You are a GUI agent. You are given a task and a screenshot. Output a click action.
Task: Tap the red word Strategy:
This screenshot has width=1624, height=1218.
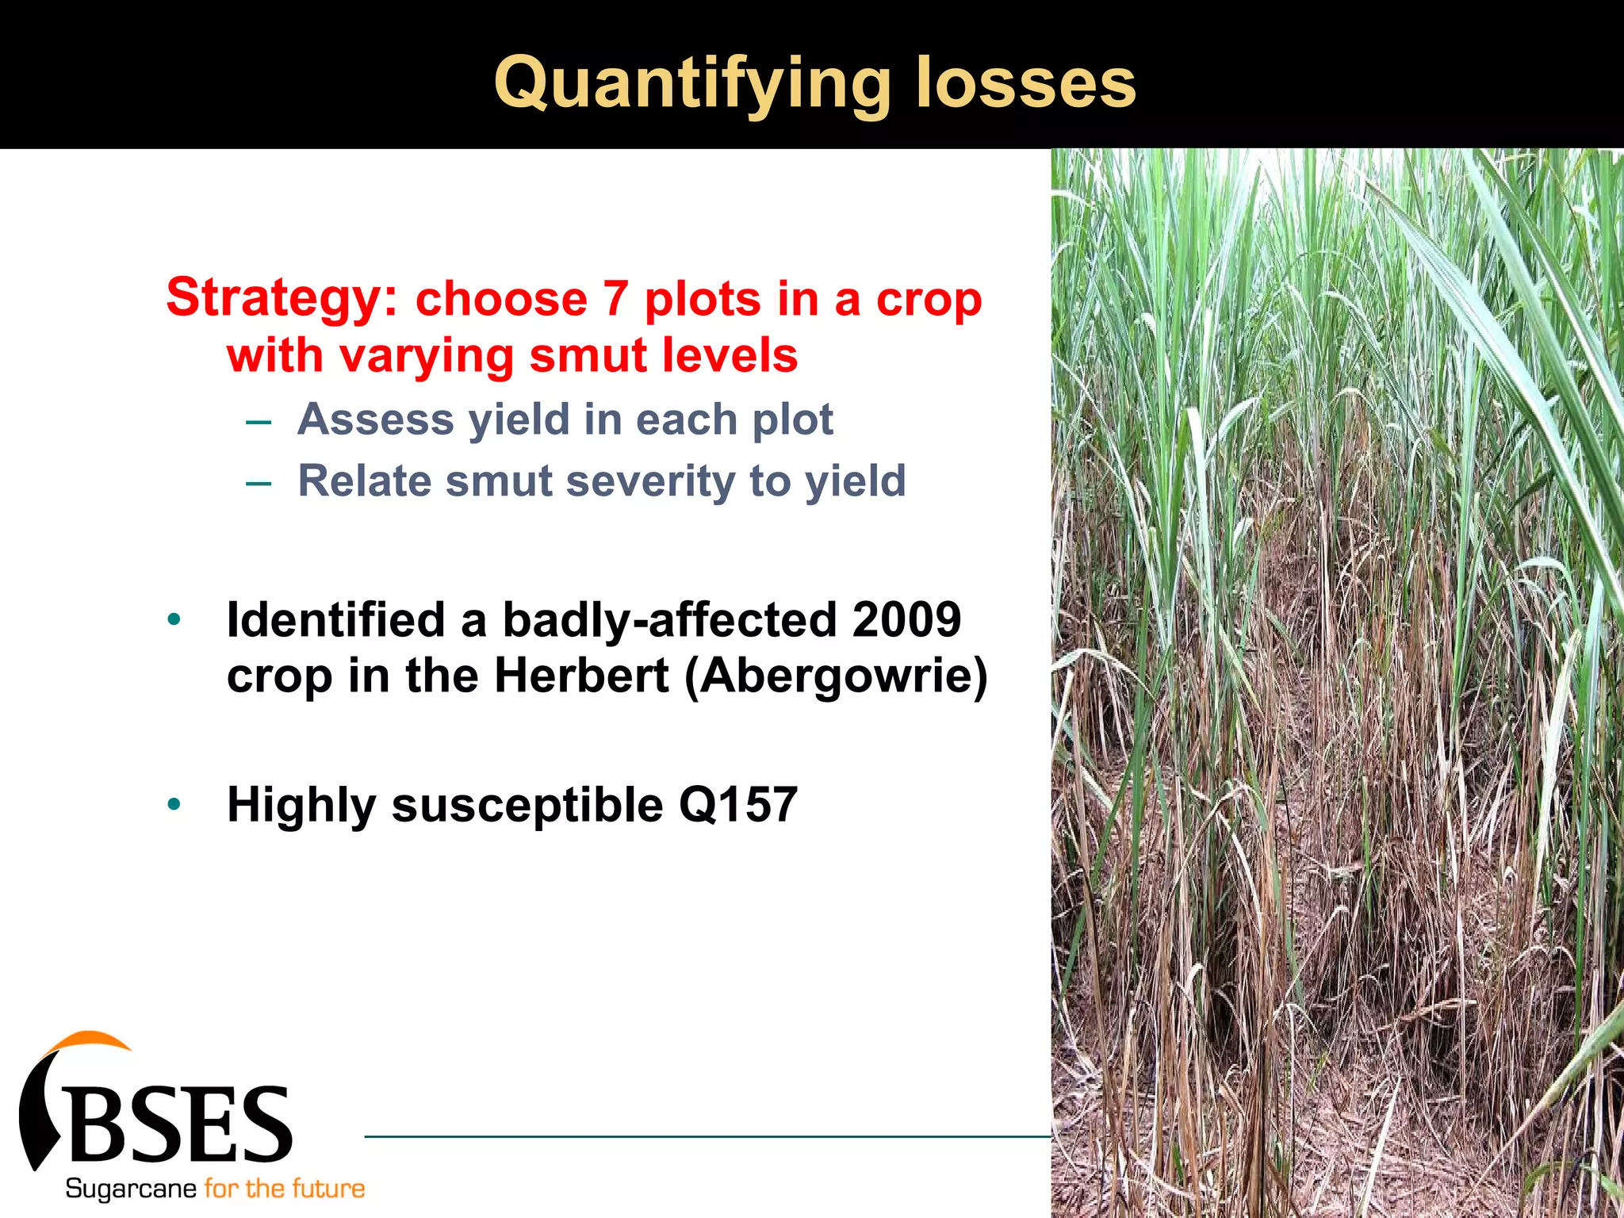[282, 297]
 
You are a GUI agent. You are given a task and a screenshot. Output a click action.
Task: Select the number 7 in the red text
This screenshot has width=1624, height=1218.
[615, 299]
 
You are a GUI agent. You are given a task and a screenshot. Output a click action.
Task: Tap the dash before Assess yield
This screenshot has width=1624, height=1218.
[259, 421]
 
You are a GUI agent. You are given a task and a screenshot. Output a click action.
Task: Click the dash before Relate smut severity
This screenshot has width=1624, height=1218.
[259, 483]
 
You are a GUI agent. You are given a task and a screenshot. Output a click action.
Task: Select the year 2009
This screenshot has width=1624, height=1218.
[906, 619]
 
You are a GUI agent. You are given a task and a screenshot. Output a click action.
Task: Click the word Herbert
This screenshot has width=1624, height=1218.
[581, 676]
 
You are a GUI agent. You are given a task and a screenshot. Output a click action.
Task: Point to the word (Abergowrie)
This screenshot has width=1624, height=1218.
[836, 676]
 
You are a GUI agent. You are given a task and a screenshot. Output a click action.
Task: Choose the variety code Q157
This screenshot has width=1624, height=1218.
[737, 804]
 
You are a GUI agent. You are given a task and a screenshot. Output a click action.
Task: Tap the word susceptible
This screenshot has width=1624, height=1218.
[527, 806]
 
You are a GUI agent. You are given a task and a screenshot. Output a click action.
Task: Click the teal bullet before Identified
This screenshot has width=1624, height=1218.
[174, 619]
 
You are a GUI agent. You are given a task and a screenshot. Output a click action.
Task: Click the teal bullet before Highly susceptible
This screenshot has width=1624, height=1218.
[174, 805]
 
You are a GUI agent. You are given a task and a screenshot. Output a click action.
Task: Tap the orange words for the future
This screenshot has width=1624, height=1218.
[285, 1189]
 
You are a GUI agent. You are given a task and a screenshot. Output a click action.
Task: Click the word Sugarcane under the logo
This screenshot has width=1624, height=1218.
[131, 1189]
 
